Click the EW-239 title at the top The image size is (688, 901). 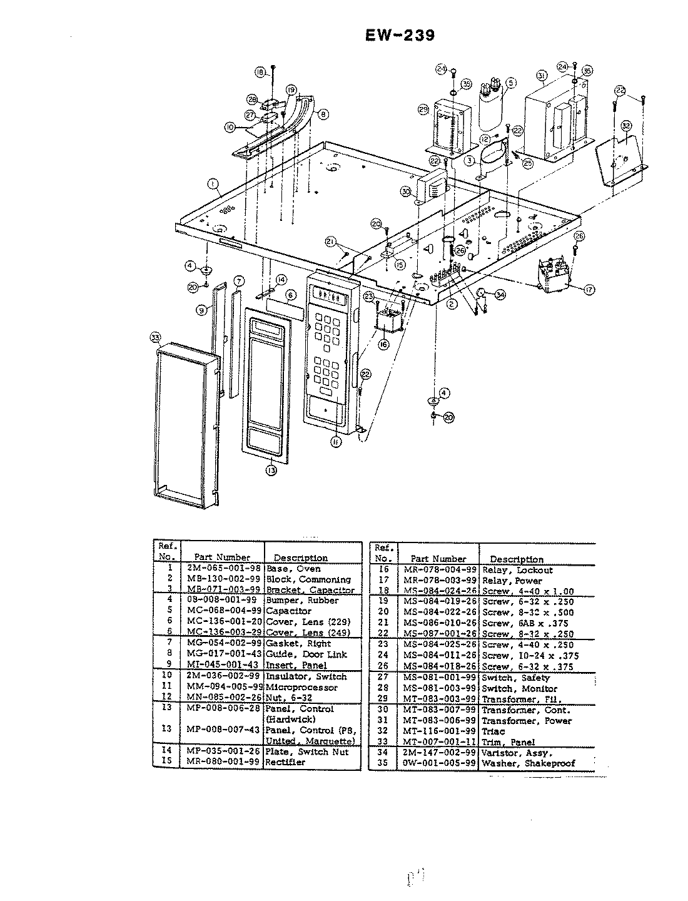[400, 35]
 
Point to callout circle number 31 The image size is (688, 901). [542, 76]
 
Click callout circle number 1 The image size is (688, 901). [214, 185]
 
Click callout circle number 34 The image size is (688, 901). [500, 294]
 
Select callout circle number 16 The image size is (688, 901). [383, 344]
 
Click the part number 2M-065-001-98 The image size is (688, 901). [223, 569]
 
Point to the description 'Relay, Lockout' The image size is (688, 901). [517, 570]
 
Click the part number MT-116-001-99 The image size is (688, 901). [439, 731]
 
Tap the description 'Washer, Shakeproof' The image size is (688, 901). [528, 763]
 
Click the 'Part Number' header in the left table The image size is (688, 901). [222, 557]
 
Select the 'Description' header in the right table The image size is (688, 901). [517, 559]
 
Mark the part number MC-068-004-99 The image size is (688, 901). [223, 611]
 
